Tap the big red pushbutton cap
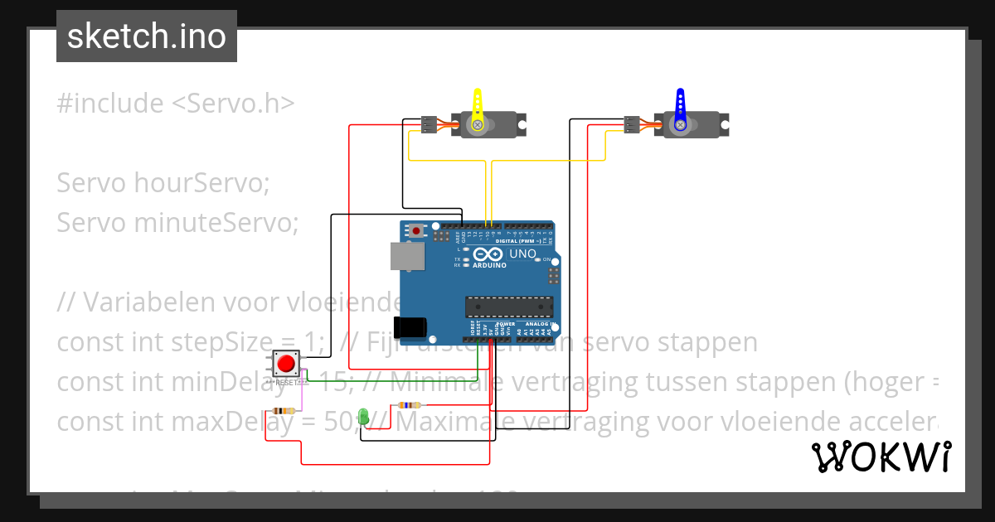286,363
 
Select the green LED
363,416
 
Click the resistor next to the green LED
408,405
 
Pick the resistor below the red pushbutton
284,411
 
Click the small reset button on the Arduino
416,230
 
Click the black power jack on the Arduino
410,326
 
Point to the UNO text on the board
522,253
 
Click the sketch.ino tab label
147,36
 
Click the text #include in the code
110,104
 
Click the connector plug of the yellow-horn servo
428,124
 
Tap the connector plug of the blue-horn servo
632,124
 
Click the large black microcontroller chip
508,307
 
